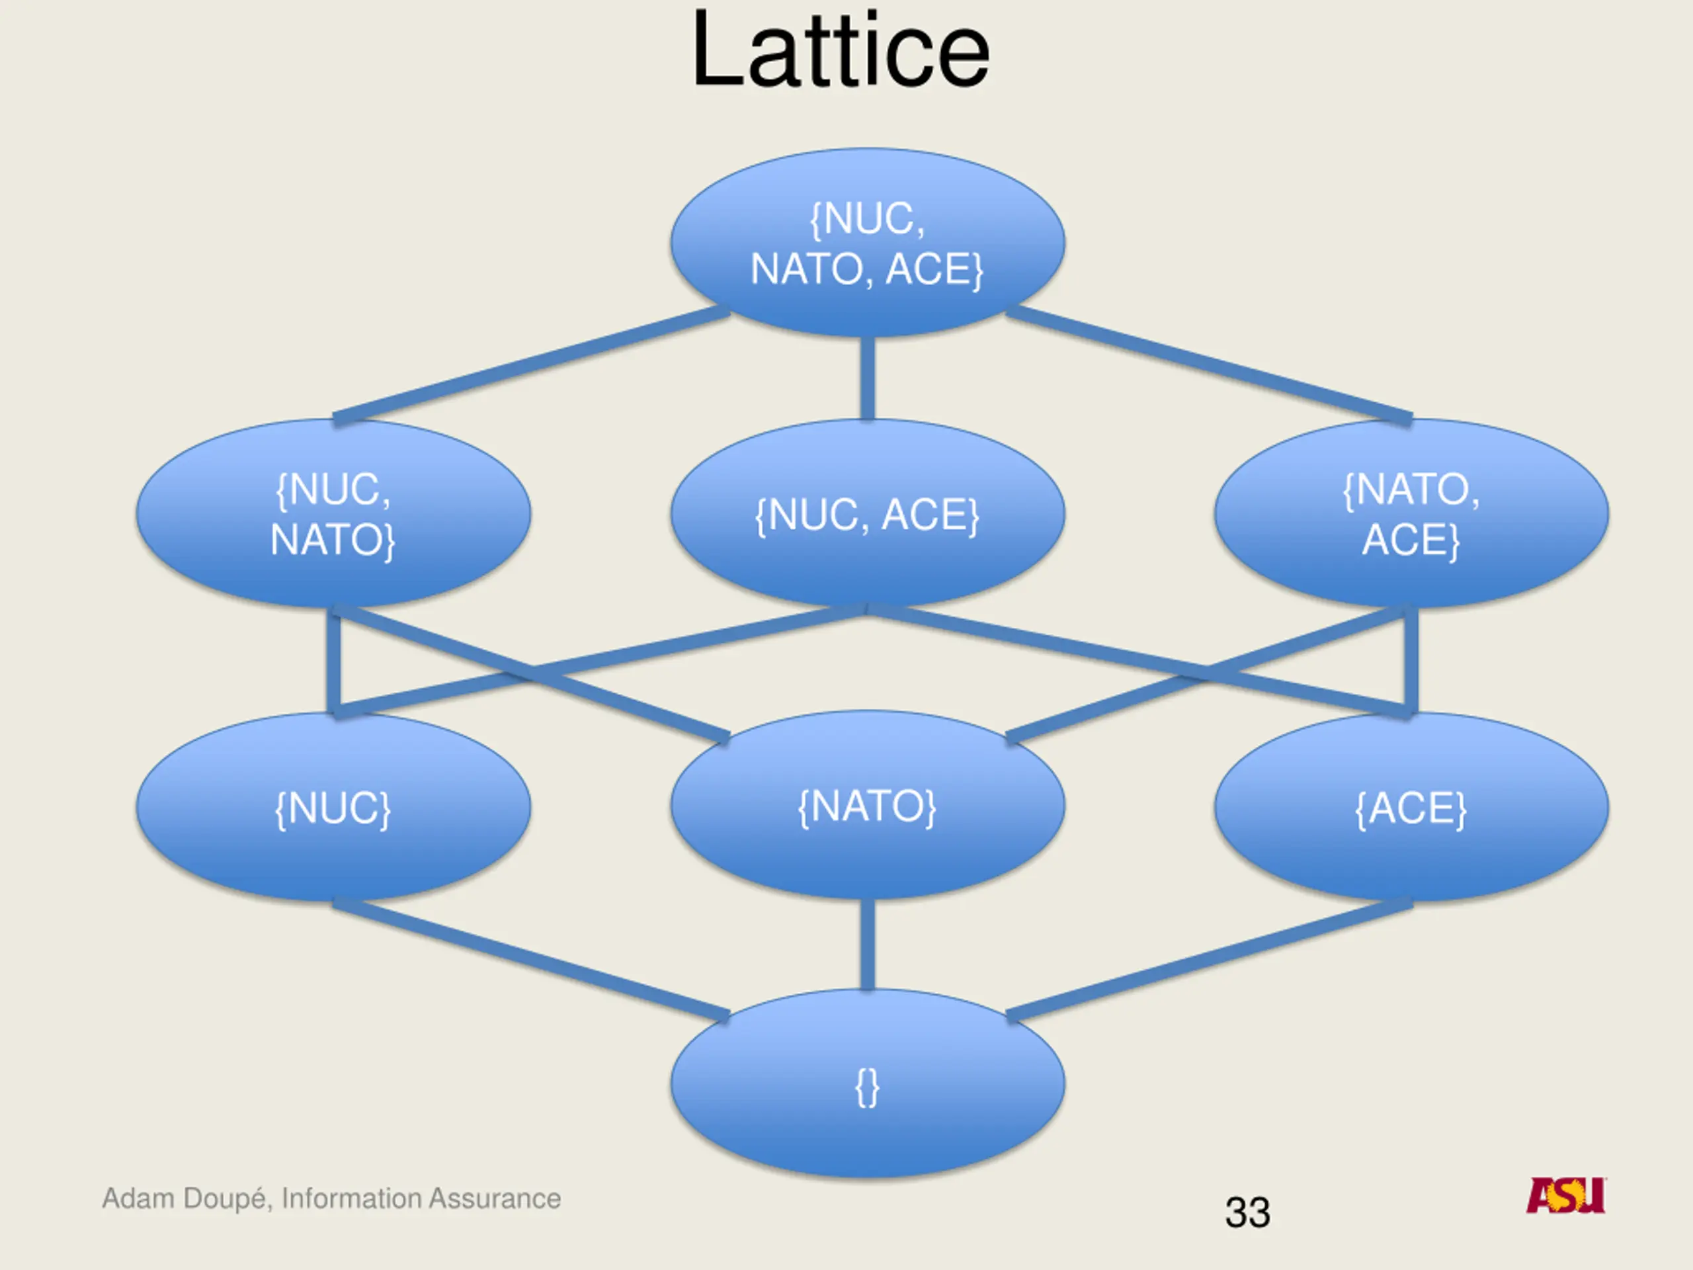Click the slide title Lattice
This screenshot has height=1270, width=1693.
tap(840, 52)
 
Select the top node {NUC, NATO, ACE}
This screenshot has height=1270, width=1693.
tap(867, 243)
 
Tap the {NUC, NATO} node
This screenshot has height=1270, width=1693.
tap(333, 514)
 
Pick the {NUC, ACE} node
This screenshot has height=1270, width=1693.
tap(867, 514)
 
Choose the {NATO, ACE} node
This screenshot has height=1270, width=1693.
tap(1411, 514)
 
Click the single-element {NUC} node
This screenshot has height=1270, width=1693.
tap(333, 808)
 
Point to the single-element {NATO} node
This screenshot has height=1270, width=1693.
tap(867, 806)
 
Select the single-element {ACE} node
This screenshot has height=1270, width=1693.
tap(1411, 808)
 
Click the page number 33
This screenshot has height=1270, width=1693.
tap(1247, 1212)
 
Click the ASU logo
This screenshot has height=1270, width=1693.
tap(1566, 1196)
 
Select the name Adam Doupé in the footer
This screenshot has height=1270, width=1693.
tap(185, 1199)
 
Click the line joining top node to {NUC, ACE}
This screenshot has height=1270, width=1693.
tap(867, 378)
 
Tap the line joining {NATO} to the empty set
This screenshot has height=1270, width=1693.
tap(867, 945)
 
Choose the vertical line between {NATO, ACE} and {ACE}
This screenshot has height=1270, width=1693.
tap(1411, 660)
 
